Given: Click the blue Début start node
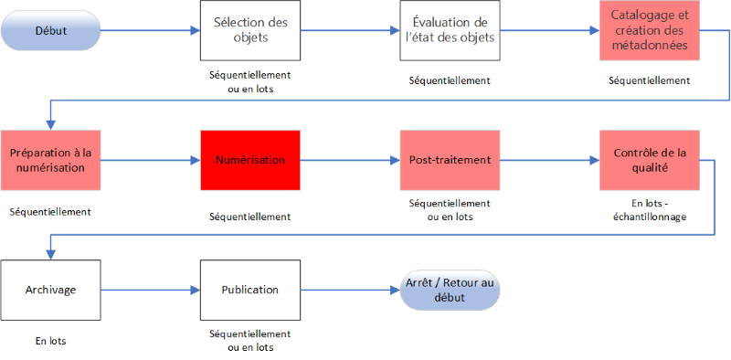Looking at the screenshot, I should [x=50, y=30].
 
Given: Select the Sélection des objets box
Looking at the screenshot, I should [x=249, y=30].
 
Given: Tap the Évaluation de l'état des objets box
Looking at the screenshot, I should [x=450, y=30].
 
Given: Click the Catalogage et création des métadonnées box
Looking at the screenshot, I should [x=649, y=30].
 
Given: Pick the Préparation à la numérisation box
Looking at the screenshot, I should [x=50, y=160].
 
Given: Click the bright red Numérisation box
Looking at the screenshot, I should [x=249, y=160].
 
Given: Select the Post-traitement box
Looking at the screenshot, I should [x=450, y=160].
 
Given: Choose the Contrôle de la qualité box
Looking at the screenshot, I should [x=649, y=160].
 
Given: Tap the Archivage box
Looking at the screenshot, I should [x=50, y=290].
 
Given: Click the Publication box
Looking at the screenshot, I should [x=249, y=290].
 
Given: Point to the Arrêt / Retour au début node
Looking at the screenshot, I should [x=450, y=290].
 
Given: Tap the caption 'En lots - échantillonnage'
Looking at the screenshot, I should [x=649, y=209].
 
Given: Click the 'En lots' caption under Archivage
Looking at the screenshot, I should [x=50, y=341].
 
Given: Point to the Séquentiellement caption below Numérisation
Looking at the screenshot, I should [x=249, y=217].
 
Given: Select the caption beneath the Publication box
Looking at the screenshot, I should [x=249, y=340].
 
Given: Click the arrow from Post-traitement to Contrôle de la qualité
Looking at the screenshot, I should [x=549, y=160].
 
